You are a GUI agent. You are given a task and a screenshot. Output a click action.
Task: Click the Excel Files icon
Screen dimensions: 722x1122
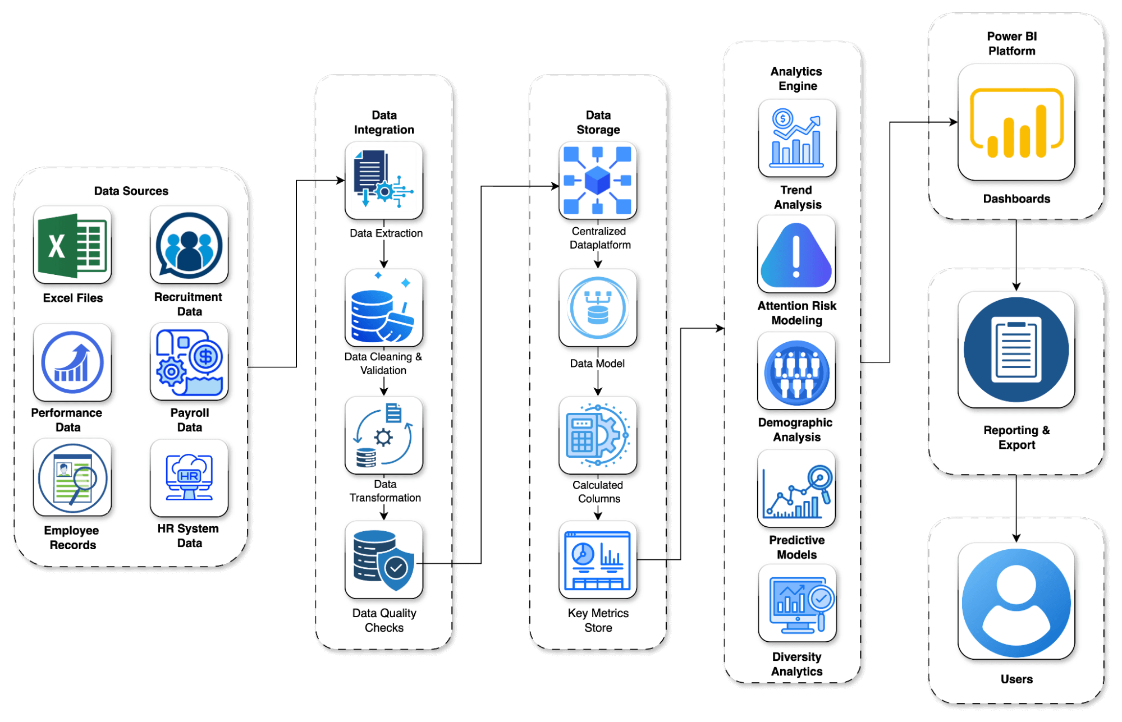coord(72,245)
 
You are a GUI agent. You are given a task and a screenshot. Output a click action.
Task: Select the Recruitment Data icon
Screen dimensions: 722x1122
coord(189,245)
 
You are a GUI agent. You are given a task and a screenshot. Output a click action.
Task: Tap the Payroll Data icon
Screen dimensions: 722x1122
coord(189,362)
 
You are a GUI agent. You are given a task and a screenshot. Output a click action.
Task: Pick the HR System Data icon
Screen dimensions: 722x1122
coord(189,477)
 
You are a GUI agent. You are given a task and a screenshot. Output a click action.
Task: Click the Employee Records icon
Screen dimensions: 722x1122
coord(72,477)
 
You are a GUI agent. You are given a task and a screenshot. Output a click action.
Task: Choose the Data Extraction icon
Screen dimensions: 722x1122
coord(384,180)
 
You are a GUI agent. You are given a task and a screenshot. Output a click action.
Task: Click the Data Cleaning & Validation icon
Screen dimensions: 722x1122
coord(384,308)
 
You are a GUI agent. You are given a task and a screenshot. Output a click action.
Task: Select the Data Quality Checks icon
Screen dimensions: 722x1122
coord(384,559)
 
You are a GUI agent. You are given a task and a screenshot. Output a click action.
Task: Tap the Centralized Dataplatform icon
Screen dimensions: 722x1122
coord(598,180)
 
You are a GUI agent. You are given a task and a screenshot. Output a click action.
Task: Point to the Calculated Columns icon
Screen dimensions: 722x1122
coord(598,435)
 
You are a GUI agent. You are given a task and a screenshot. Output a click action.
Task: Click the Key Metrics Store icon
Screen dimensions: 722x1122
coord(598,559)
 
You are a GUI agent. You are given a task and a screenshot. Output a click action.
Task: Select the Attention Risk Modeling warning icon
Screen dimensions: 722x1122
coord(796,254)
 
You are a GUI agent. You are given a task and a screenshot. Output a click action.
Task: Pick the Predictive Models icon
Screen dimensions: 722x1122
coord(796,489)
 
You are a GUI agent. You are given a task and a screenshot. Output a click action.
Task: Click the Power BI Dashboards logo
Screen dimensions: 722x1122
coord(1016,122)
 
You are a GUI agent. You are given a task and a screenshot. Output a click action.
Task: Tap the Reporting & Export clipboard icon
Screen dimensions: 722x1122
coord(1016,349)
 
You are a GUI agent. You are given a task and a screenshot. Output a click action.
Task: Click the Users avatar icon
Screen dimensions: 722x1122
coord(1016,601)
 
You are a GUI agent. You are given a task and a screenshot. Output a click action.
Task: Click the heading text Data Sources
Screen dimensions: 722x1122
coord(131,191)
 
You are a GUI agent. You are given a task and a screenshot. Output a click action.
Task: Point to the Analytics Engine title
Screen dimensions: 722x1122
coord(796,79)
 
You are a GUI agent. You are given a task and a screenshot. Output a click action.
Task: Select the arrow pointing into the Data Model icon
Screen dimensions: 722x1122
coord(598,261)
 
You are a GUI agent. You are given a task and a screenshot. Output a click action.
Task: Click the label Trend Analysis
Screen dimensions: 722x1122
coord(796,197)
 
